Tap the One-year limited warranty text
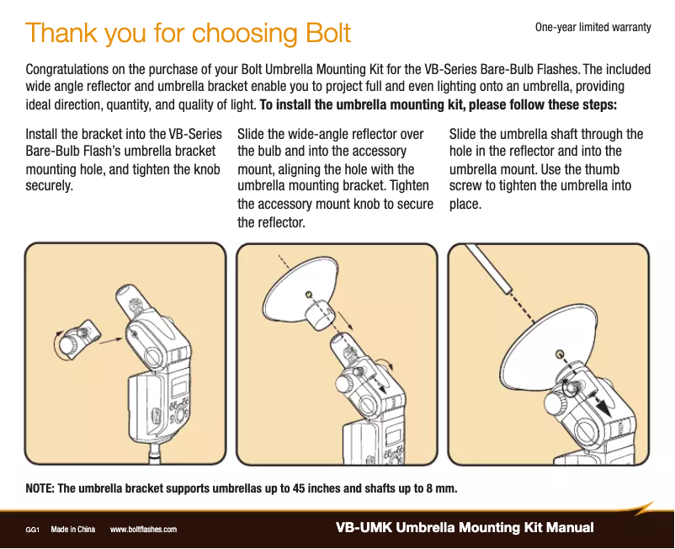[x=593, y=27]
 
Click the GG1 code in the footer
[x=34, y=530]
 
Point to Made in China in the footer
[x=73, y=530]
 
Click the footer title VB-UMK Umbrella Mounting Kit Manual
[x=465, y=528]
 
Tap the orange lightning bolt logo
[x=642, y=510]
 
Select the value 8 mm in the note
[x=443, y=489]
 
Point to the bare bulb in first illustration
[x=131, y=298]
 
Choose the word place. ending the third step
[x=465, y=204]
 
